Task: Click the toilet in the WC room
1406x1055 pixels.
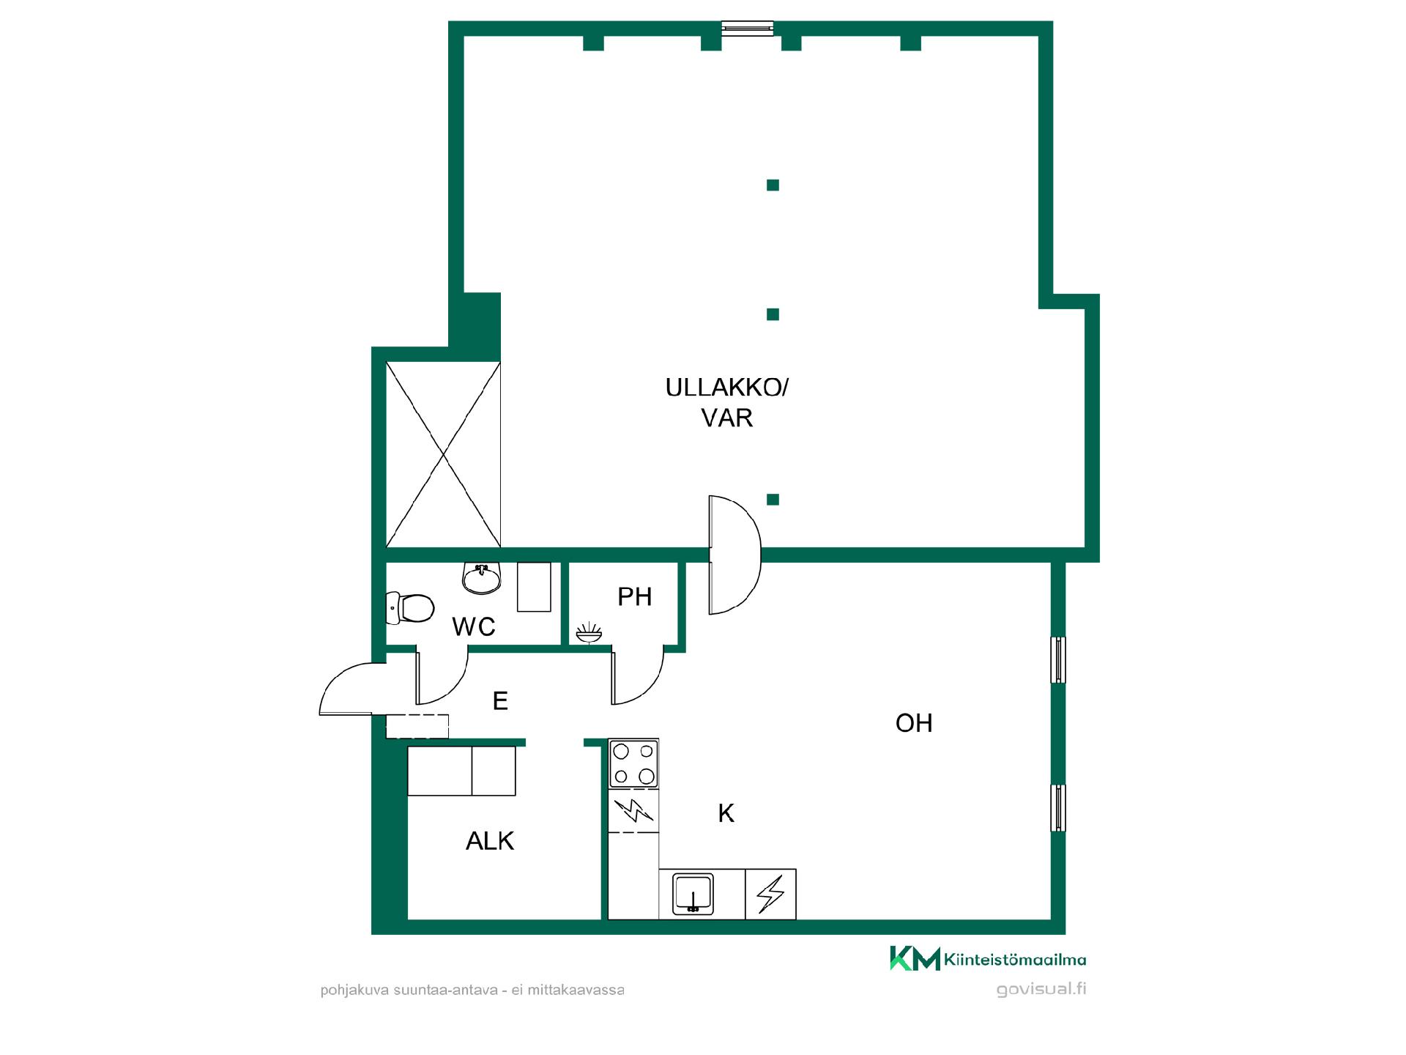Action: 410,608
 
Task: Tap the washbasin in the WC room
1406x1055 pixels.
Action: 482,578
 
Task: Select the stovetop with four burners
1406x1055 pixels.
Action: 634,763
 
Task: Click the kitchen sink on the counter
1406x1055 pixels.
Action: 693,893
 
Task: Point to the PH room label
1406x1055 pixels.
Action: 634,597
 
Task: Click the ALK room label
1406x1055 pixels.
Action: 490,841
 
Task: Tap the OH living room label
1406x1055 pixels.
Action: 914,723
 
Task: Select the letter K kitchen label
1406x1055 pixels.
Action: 726,813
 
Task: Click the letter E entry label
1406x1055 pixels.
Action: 500,701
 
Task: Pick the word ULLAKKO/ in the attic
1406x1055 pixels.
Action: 726,388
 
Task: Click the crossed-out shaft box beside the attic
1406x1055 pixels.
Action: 443,454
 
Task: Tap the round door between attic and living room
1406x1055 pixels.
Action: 734,555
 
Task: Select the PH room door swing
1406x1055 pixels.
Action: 638,678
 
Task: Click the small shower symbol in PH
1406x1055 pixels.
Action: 589,633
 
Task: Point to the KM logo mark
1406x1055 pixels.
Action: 915,958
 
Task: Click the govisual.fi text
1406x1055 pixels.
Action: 1041,989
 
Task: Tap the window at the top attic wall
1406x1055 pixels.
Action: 747,28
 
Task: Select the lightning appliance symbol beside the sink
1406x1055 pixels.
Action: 770,894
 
